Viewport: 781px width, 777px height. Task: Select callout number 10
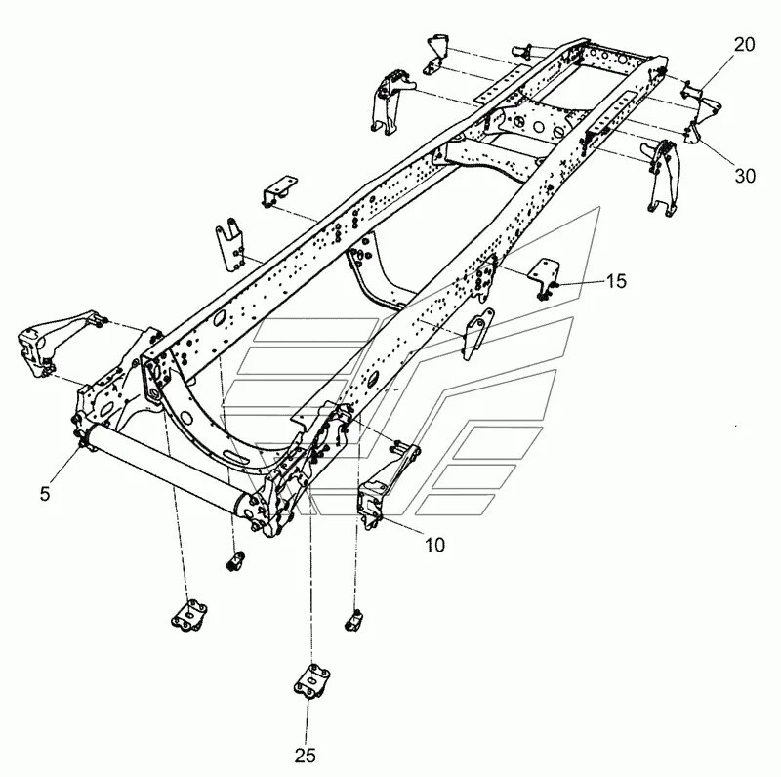click(434, 544)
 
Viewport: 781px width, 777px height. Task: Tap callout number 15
click(615, 283)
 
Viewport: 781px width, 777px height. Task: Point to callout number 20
click(743, 43)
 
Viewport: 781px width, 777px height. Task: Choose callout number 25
click(307, 754)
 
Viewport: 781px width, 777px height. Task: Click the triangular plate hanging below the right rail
click(477, 334)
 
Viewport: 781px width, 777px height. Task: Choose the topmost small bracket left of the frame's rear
click(434, 51)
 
